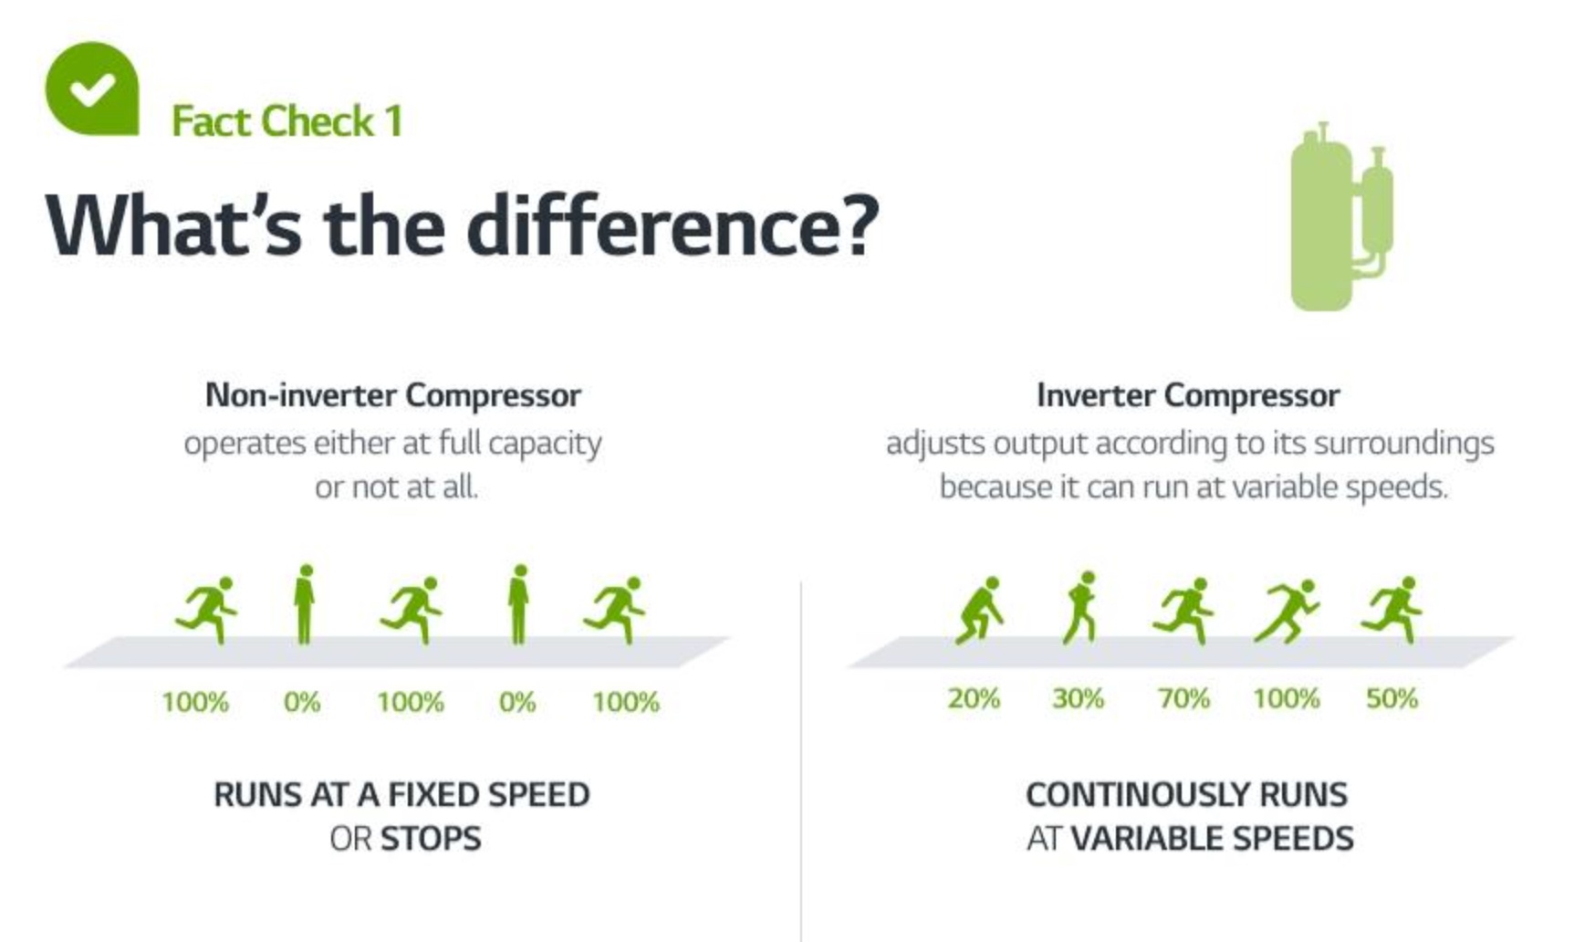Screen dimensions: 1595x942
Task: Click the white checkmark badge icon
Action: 92,89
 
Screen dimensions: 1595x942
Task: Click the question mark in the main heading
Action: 856,225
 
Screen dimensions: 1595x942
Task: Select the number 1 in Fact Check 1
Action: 394,121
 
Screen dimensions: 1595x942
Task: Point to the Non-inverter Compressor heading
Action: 393,395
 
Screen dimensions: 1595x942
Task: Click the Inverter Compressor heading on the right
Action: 1188,395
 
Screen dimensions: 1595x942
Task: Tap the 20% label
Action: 974,698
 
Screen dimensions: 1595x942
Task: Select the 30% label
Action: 1079,698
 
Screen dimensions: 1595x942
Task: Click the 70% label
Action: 1184,698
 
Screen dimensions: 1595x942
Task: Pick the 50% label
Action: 1392,698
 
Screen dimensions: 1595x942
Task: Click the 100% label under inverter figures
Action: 1287,698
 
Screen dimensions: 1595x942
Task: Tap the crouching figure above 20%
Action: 980,611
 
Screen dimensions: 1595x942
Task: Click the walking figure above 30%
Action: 1080,608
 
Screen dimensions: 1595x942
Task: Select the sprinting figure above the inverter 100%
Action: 1287,611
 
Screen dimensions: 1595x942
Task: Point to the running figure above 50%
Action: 1392,610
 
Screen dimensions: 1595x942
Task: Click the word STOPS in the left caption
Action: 431,838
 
